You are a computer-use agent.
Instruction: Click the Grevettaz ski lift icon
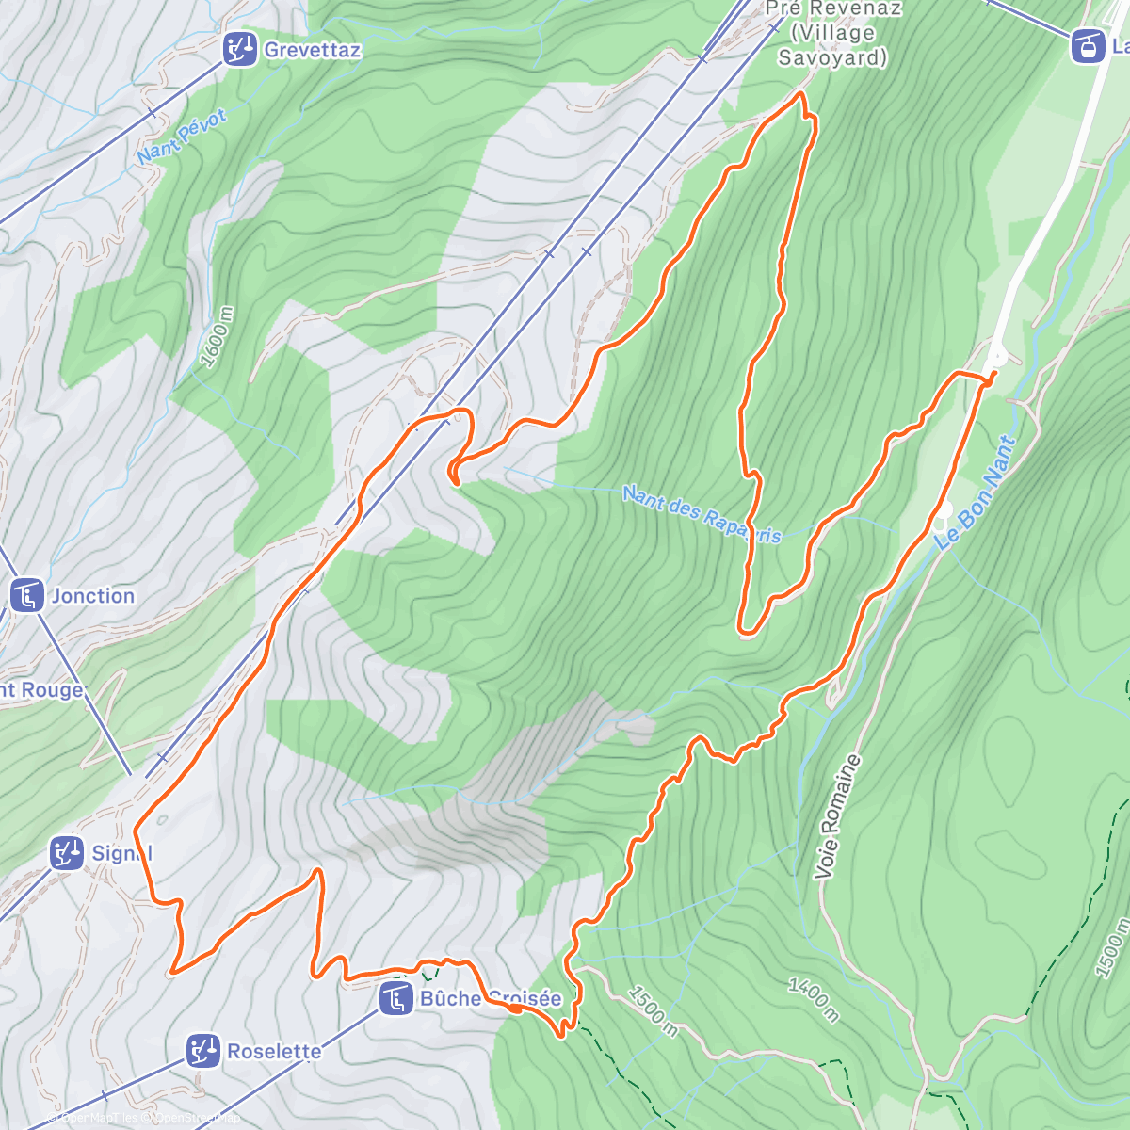(x=241, y=48)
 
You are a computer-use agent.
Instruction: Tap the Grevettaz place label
(x=313, y=50)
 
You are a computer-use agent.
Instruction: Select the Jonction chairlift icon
(x=26, y=595)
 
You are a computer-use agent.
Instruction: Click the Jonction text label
(x=92, y=596)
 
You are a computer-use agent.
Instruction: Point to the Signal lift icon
(x=67, y=853)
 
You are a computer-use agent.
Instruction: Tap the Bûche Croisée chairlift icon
(x=395, y=998)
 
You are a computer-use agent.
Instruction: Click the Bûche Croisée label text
(x=490, y=998)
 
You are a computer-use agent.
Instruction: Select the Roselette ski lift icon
(x=202, y=1050)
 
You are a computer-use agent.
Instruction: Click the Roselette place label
(x=274, y=1051)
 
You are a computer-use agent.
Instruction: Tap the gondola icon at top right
(x=1088, y=45)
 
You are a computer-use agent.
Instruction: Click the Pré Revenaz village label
(x=832, y=34)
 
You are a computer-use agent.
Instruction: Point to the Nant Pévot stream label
(x=182, y=137)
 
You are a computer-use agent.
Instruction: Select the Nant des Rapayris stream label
(x=702, y=514)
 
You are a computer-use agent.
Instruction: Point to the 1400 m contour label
(x=814, y=998)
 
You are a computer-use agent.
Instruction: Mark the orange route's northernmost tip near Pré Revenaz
(x=800, y=94)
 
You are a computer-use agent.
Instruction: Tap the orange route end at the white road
(x=992, y=374)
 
